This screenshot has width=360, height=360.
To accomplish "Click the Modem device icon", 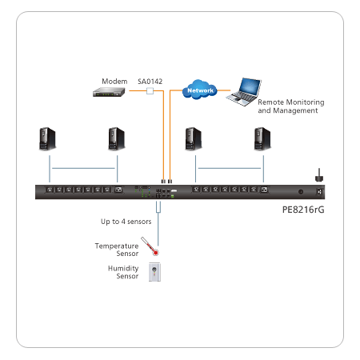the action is pos(109,92).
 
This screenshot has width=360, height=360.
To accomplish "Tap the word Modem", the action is pos(114,81).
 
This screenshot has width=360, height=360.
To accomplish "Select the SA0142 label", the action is pos(150,82).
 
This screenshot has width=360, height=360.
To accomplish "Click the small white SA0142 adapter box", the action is pos(150,91).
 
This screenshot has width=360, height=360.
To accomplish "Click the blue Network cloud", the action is pos(200,90).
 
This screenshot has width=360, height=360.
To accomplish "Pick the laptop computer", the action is pos(244,92).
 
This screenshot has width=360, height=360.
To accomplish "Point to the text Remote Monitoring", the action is pos(291,102).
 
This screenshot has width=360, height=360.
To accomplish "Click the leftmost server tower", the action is pos(47,138).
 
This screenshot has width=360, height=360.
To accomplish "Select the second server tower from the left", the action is pos(116,138).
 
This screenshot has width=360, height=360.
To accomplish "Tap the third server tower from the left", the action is pos(193,138).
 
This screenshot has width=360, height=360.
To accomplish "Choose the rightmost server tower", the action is pos(262,138).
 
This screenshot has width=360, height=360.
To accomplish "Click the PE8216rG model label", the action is pos(303,210).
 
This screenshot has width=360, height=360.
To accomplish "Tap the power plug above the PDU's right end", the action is pos(319,175).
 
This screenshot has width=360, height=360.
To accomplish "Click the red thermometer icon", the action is pos(150,246).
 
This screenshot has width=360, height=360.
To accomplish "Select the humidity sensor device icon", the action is pos(154,272).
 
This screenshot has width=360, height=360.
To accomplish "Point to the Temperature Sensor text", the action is pos(117,250).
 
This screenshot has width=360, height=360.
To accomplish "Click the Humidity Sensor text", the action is pos(123,272).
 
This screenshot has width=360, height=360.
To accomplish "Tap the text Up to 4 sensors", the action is pos(126,222).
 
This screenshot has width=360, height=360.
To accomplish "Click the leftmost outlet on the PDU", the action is pos(50,190).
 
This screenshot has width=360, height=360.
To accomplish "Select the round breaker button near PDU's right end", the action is pos(301,191).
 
